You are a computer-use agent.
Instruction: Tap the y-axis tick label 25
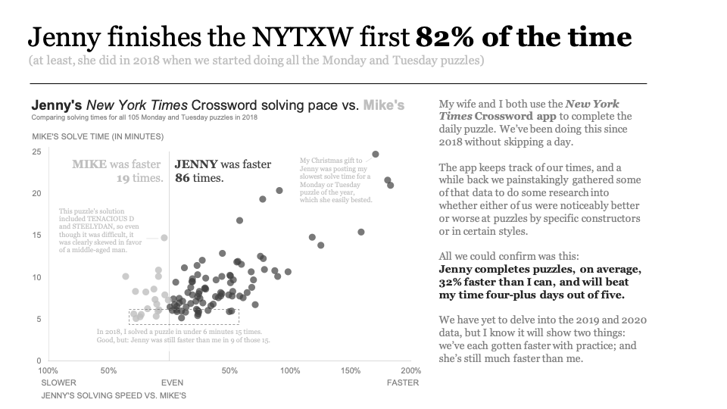36,152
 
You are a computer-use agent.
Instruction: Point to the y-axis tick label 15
36,236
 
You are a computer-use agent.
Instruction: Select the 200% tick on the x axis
410,371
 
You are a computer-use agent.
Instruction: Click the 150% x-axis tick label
351,371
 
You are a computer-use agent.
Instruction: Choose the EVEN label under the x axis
172,382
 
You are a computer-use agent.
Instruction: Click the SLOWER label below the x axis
58,382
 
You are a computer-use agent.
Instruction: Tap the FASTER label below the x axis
403,382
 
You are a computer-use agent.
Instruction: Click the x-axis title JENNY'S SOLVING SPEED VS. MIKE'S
114,395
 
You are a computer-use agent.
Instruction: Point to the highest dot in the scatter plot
376,155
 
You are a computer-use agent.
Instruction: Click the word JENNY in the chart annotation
196,164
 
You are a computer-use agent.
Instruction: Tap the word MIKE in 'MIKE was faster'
89,164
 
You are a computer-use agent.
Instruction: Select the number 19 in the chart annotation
123,178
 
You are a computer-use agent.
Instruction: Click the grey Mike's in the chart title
384,105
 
